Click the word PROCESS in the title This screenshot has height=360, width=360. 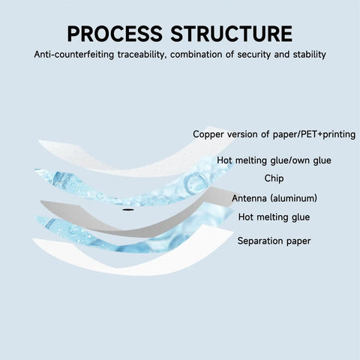coord(115,34)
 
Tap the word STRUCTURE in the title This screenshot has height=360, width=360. coord(232,34)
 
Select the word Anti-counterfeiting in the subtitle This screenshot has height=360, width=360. coord(74,55)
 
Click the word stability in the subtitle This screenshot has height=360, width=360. coord(310,55)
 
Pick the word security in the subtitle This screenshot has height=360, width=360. coord(253,55)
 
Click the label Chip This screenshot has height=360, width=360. coord(274,178)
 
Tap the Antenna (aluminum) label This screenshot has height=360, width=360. coord(274,198)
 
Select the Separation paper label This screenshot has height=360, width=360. coord(274,241)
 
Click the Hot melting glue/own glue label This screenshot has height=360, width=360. coord(274,160)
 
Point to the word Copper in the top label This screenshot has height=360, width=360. coord(208,134)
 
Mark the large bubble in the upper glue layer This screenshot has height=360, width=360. coord(193,181)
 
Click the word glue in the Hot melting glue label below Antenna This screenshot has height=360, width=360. coord(300,217)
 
